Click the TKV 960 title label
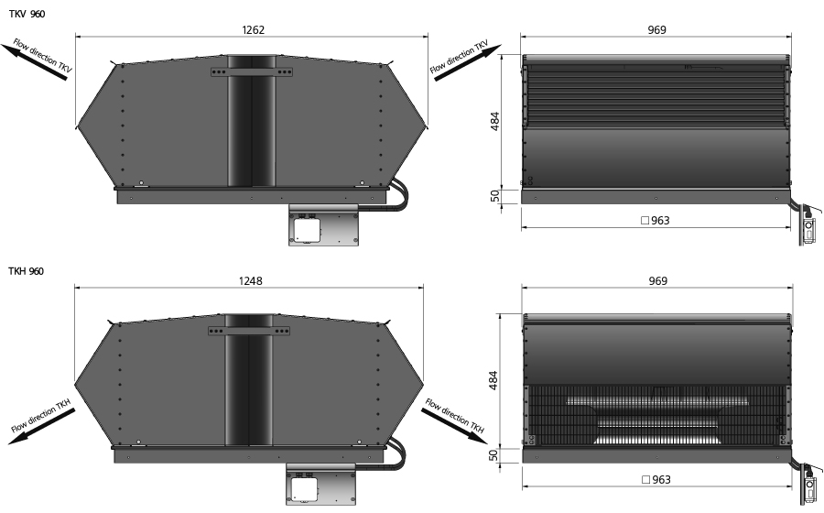pyautogui.click(x=27, y=14)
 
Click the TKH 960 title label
pyautogui.click(x=27, y=271)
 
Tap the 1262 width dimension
pyautogui.click(x=253, y=30)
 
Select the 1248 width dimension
pyautogui.click(x=250, y=280)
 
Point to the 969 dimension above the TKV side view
pyautogui.click(x=656, y=30)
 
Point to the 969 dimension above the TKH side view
pyautogui.click(x=657, y=280)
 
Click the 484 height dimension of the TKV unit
pyautogui.click(x=494, y=122)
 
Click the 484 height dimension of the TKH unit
pyautogui.click(x=493, y=380)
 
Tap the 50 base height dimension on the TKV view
pyautogui.click(x=494, y=196)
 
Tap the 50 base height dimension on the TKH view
pyautogui.click(x=493, y=455)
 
